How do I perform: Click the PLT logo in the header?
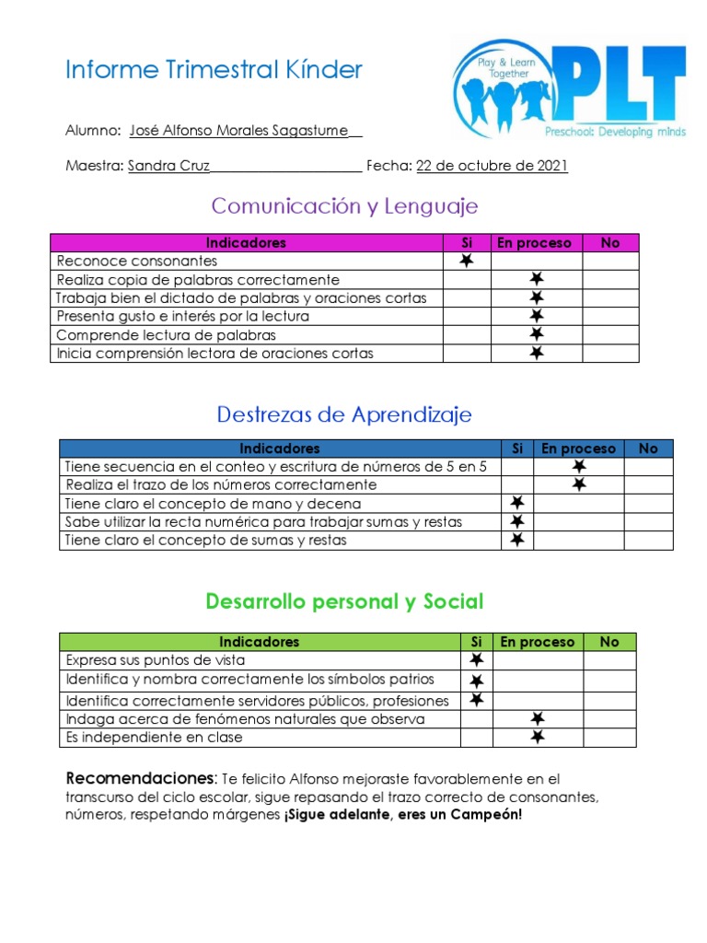[569, 88]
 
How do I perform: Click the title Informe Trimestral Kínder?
[214, 70]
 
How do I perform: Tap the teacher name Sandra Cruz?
[168, 166]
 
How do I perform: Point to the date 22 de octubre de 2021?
[492, 166]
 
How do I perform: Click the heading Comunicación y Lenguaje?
[344, 205]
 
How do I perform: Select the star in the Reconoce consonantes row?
[467, 262]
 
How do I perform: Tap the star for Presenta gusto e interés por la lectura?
[536, 316]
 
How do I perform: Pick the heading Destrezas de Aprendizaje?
[344, 414]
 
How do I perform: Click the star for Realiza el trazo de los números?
[579, 484]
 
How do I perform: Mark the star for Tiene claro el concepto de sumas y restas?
[517, 540]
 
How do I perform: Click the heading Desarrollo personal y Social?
[344, 602]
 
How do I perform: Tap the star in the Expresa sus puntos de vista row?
[476, 660]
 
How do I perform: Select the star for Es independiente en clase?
[538, 737]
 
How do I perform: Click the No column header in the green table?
[609, 642]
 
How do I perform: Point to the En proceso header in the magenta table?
[534, 243]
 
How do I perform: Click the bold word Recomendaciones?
[140, 777]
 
